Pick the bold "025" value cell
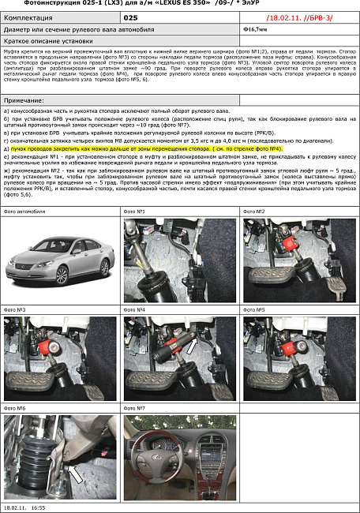coord(131,15)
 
